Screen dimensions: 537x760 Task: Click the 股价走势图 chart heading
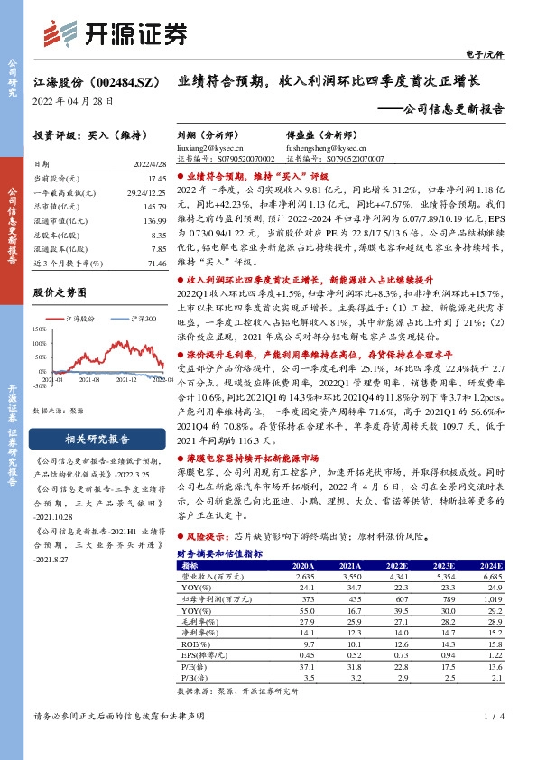(x=60, y=292)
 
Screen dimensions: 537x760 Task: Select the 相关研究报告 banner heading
(x=88, y=440)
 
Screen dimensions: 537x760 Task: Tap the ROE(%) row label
(x=190, y=644)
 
